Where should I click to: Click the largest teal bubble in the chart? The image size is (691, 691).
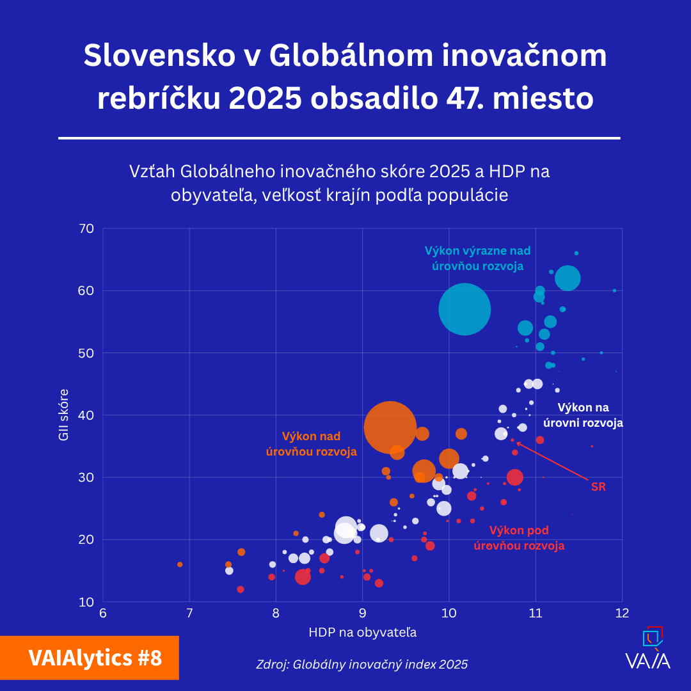(465, 309)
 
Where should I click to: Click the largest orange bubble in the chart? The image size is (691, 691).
(390, 427)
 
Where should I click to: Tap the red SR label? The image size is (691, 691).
(598, 487)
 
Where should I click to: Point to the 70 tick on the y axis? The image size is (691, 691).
(86, 229)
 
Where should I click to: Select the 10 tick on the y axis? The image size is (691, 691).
(86, 602)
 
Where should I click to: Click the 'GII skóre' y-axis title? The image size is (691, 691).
(64, 415)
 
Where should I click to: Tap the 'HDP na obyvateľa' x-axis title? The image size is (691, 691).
(362, 633)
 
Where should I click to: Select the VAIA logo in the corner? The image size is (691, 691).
(648, 649)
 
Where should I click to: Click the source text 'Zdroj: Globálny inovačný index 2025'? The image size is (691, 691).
(362, 664)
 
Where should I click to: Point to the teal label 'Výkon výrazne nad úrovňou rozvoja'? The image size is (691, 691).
(477, 258)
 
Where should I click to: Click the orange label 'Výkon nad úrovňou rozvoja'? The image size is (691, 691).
(311, 443)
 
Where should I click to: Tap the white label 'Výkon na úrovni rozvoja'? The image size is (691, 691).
(583, 415)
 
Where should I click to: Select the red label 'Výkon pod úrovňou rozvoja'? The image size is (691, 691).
(519, 538)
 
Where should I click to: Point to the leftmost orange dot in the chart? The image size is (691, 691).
(180, 564)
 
